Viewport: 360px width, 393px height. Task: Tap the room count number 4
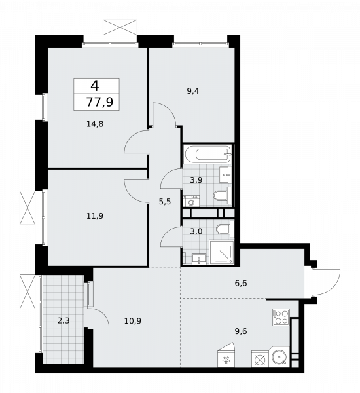[96, 85]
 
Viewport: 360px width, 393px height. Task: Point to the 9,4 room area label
[192, 92]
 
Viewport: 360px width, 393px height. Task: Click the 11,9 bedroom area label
[96, 214]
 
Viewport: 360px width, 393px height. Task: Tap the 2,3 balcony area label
[63, 320]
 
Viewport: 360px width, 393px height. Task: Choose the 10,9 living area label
[132, 320]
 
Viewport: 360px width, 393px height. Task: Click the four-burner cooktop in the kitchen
[281, 318]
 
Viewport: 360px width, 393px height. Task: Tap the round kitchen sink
[280, 359]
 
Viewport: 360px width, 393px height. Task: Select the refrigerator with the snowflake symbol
[226, 360]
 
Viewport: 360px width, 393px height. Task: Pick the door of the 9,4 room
[164, 120]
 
